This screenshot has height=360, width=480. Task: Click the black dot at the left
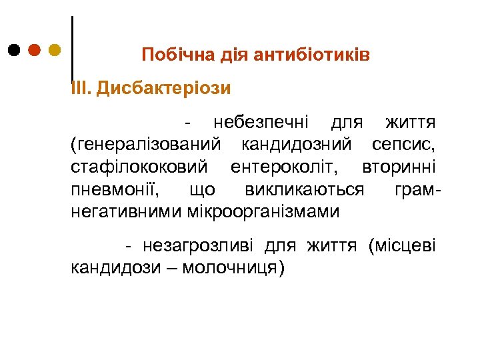(x=15, y=50)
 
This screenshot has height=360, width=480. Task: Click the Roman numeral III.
(x=80, y=88)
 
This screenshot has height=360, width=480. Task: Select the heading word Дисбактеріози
(x=163, y=88)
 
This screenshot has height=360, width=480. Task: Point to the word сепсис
(x=404, y=143)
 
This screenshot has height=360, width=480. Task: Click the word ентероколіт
(x=287, y=166)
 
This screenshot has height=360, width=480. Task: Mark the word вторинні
(x=399, y=166)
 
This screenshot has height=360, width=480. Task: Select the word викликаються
(x=303, y=189)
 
